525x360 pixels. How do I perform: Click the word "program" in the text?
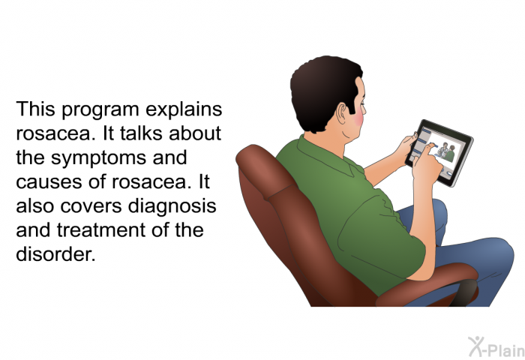100,110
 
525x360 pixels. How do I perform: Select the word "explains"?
184,109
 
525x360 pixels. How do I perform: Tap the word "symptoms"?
98,158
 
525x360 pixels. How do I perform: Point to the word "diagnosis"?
172,206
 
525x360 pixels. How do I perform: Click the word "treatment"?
101,230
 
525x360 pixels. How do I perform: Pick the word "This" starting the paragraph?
35,109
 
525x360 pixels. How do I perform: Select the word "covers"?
91,206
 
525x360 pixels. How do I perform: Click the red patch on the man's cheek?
359,116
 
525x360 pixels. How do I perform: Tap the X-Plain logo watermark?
496,347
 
